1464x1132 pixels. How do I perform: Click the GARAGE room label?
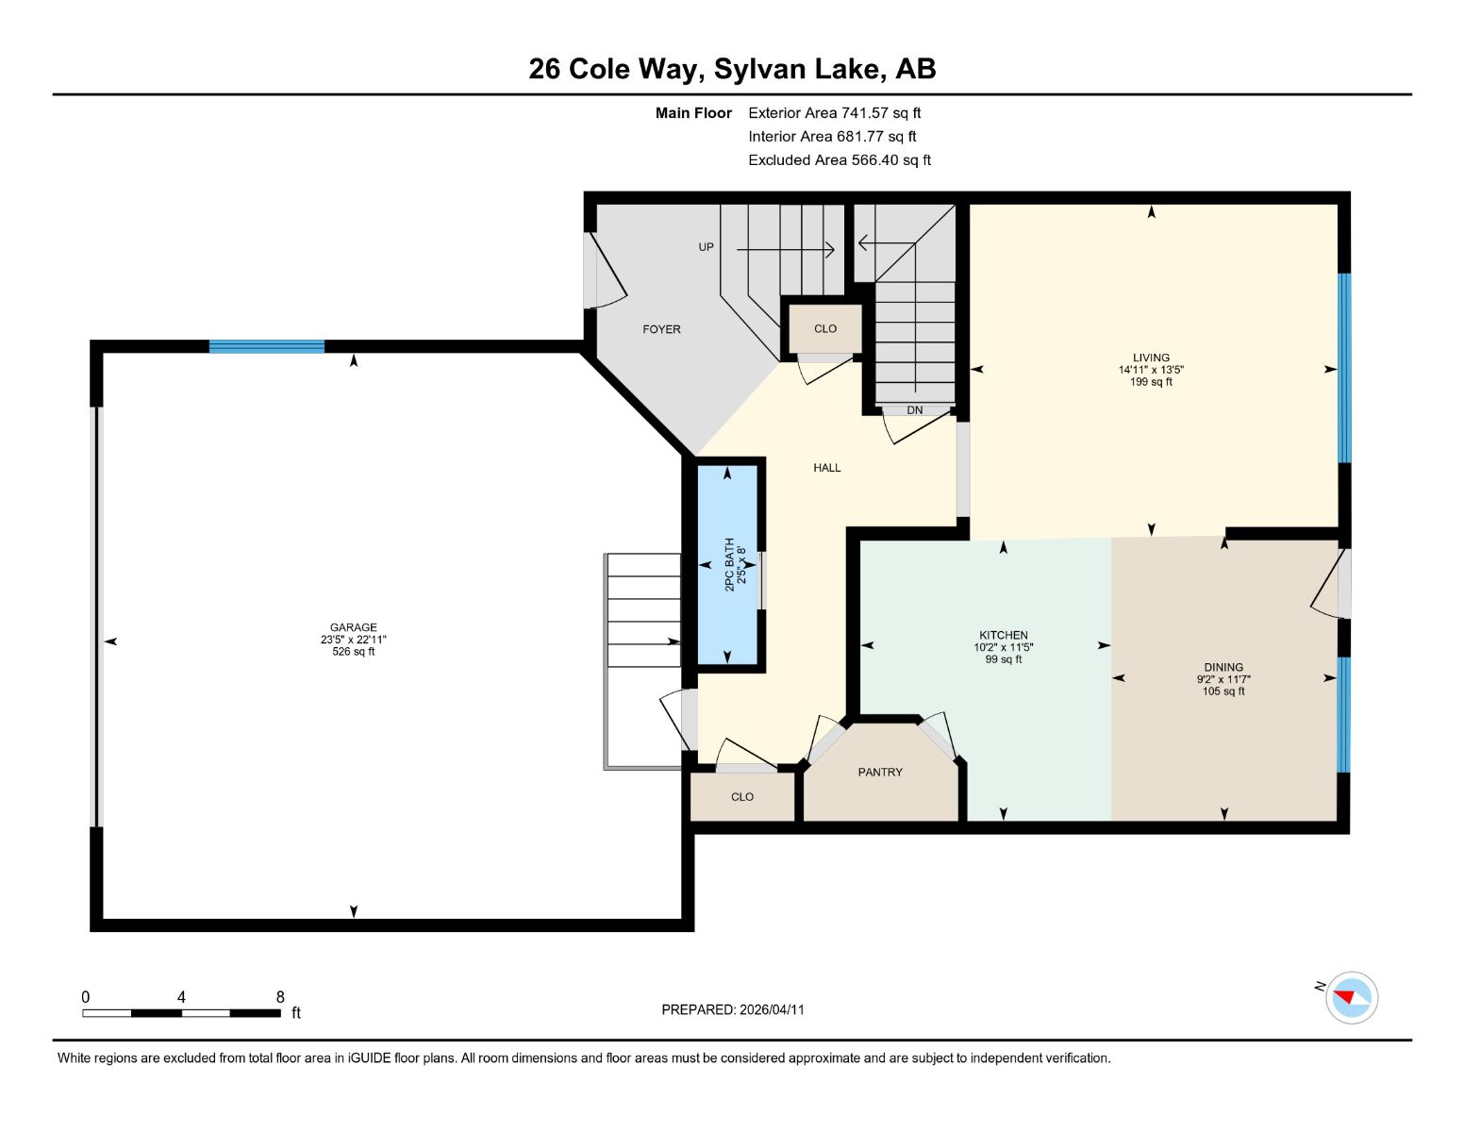353,627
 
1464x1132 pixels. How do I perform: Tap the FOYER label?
661,329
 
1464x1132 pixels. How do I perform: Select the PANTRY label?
880,772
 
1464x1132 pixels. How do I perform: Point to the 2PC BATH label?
729,565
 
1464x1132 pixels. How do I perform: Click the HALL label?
826,468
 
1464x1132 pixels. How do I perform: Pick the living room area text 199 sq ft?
1151,382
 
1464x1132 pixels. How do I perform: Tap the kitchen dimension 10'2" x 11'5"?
1003,647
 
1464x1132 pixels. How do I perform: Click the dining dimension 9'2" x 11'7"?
1223,679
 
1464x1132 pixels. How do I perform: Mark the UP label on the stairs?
706,247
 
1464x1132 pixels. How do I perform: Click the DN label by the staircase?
914,410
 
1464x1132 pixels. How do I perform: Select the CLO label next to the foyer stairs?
825,328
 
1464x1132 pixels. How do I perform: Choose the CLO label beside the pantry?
741,796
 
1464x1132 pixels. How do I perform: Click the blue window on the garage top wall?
267,347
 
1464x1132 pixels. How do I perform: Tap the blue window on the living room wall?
1344,368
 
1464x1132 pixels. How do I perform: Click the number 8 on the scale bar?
280,997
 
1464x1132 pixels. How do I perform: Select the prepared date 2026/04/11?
772,1009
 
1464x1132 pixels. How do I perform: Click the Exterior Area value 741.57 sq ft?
880,113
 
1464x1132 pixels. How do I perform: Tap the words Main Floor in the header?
693,113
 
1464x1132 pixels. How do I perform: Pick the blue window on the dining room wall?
1343,714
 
